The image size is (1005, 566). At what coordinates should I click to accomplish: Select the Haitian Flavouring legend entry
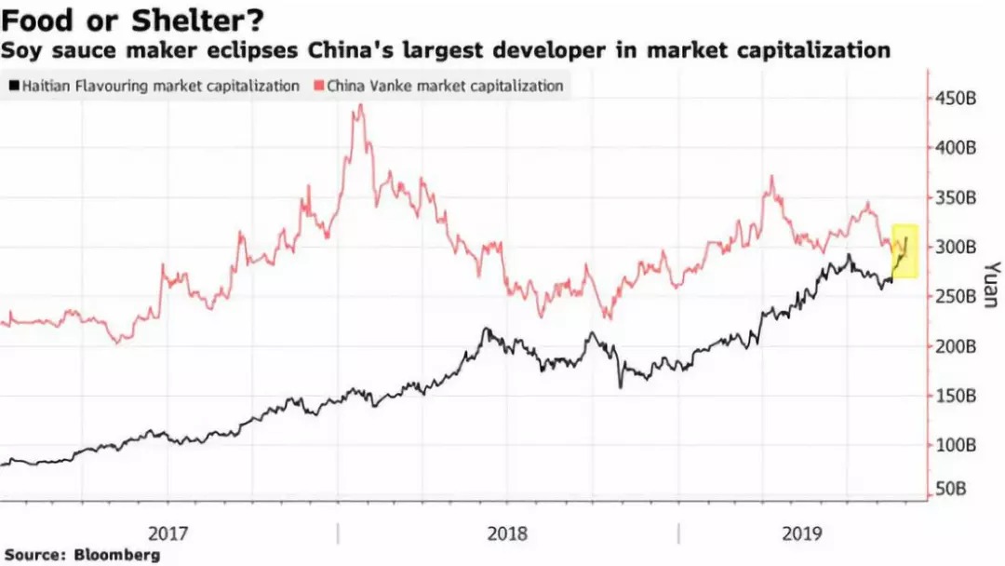(154, 86)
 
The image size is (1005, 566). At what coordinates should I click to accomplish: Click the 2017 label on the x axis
(168, 533)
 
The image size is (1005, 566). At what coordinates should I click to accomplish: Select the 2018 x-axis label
(507, 533)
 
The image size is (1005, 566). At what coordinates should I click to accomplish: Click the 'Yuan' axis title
(989, 283)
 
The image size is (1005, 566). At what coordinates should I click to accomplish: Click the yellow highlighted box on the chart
(905, 250)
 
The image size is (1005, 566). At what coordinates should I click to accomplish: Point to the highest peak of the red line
(360, 105)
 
